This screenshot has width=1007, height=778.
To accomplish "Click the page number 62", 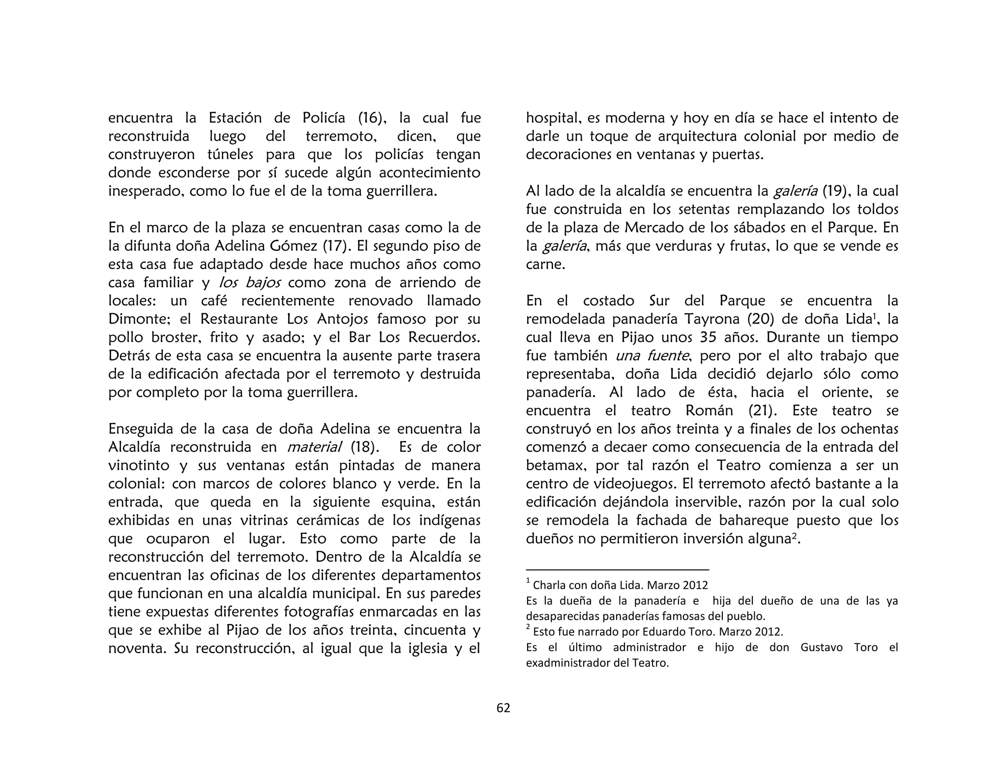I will (503, 708).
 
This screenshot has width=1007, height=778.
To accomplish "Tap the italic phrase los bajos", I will (250, 283).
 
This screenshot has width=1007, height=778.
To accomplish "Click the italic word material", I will (314, 447).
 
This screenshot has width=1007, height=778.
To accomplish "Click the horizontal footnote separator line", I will (617, 569).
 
